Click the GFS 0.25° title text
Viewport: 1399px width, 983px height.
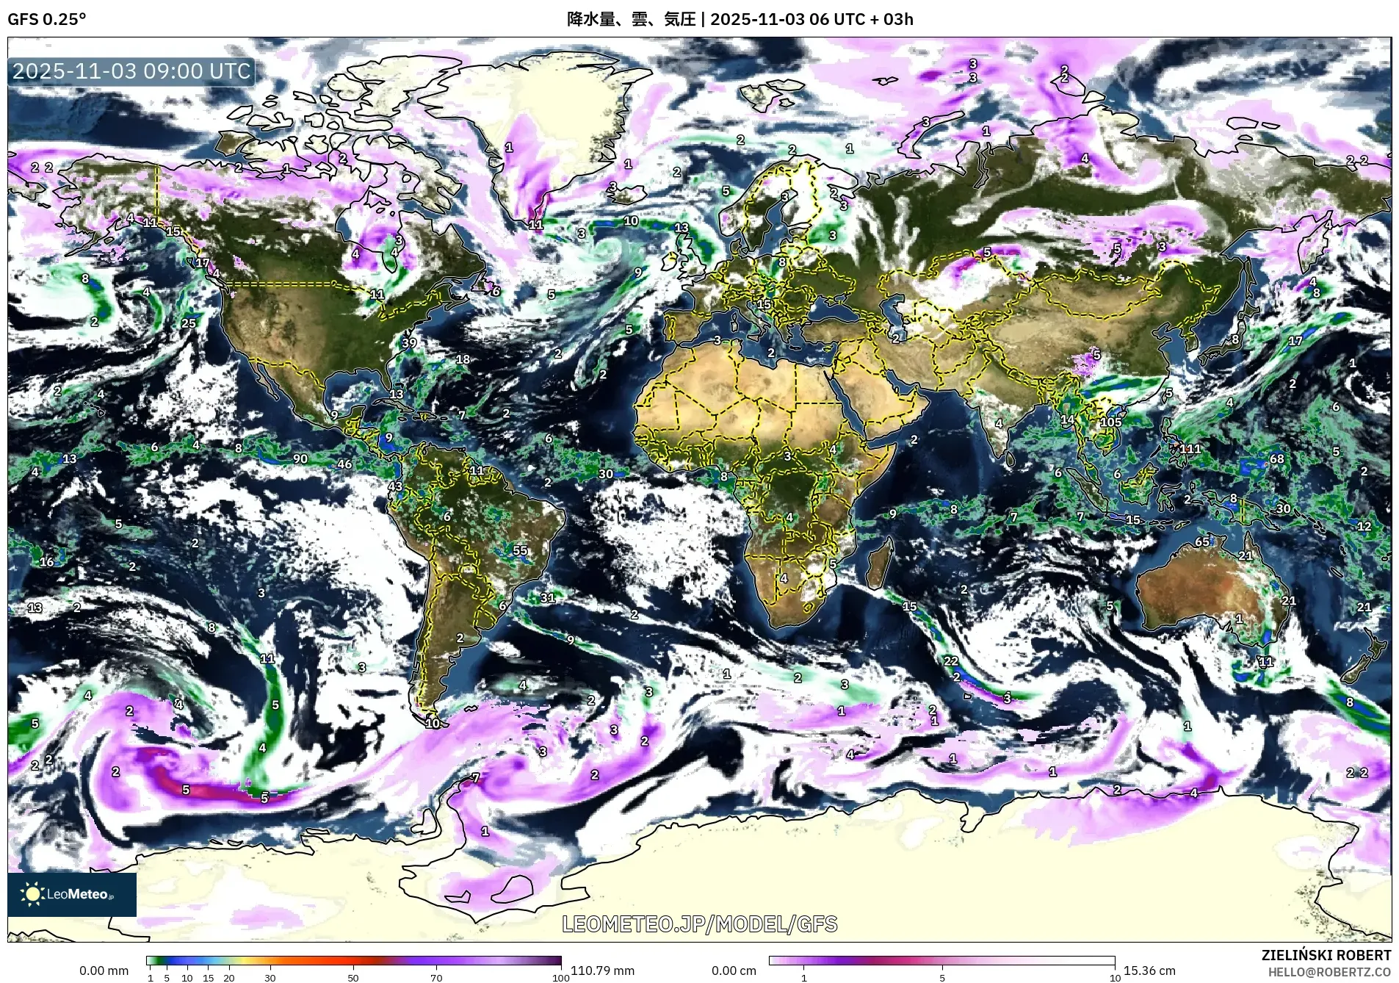(x=47, y=19)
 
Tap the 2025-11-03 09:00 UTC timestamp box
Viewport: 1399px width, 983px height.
(x=132, y=71)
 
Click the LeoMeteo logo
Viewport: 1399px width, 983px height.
(x=72, y=894)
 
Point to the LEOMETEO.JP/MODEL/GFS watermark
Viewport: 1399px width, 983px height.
(x=699, y=923)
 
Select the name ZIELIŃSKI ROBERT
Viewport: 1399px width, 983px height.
(x=1326, y=955)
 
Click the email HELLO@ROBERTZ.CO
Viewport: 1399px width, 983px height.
(x=1329, y=972)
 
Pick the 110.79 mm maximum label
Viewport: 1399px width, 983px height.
(x=602, y=971)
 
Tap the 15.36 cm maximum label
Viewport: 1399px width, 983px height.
(x=1149, y=971)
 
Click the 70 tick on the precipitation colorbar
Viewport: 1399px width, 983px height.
(x=436, y=978)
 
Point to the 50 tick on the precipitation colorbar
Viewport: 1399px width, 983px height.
(x=353, y=978)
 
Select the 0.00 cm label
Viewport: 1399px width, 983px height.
(x=734, y=971)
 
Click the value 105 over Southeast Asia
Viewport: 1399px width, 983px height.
(x=1111, y=422)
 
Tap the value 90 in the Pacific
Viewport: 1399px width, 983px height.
(x=300, y=458)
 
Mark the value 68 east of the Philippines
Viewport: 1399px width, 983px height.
(x=1277, y=458)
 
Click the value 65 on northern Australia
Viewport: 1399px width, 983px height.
(x=1202, y=541)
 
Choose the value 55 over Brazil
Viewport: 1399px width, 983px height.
(x=520, y=550)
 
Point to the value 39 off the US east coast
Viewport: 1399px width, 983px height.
(x=409, y=342)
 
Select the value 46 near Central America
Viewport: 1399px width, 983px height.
(x=344, y=464)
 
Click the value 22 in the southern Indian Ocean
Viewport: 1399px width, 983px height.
(x=951, y=660)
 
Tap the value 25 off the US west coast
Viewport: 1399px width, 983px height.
(x=189, y=323)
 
